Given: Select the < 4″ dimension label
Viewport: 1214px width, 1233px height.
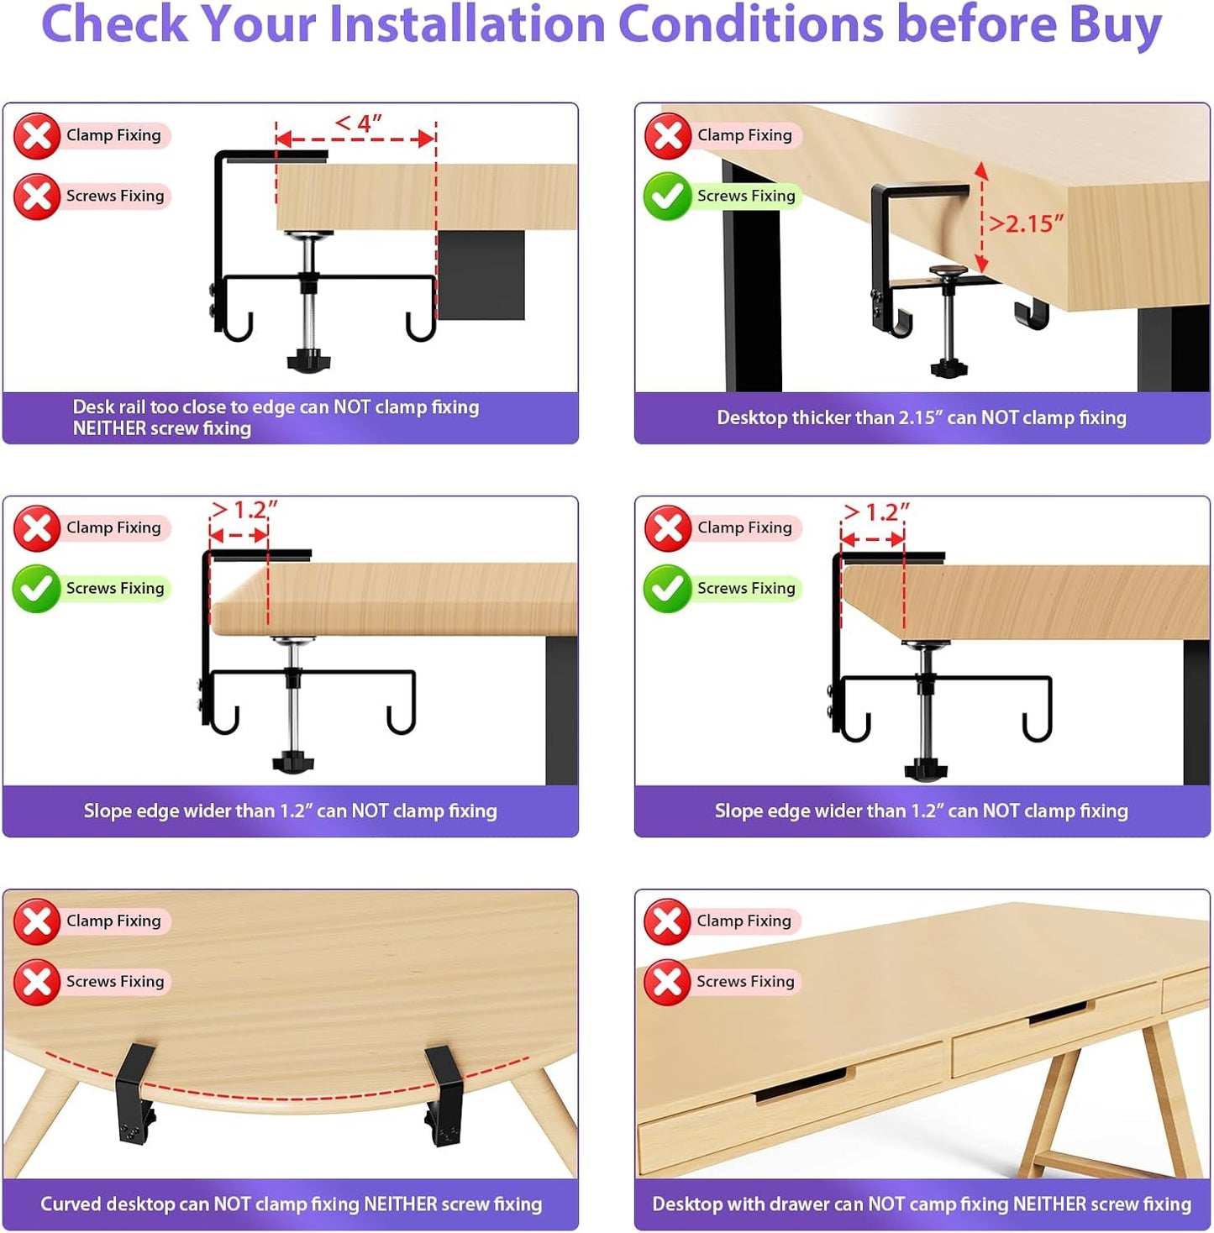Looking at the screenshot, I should [x=358, y=123].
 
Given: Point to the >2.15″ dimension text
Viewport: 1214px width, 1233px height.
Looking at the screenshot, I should [x=1025, y=223].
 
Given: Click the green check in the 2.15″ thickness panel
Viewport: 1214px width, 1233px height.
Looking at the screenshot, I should [x=667, y=197].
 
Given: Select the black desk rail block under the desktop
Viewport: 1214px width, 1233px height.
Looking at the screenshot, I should [x=481, y=275].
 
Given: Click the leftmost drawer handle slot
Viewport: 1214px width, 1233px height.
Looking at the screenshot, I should [x=801, y=1085].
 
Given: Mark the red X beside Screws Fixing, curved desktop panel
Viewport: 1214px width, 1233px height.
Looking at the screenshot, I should [x=36, y=982].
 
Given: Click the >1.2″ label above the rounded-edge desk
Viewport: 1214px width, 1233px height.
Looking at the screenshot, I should [x=244, y=510].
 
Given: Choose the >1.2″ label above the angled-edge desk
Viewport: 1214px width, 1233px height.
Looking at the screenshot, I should [x=875, y=512].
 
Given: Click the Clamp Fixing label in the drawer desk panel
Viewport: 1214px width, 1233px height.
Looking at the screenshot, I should [x=744, y=921].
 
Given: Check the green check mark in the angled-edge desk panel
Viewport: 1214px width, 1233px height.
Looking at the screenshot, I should [x=667, y=589].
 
